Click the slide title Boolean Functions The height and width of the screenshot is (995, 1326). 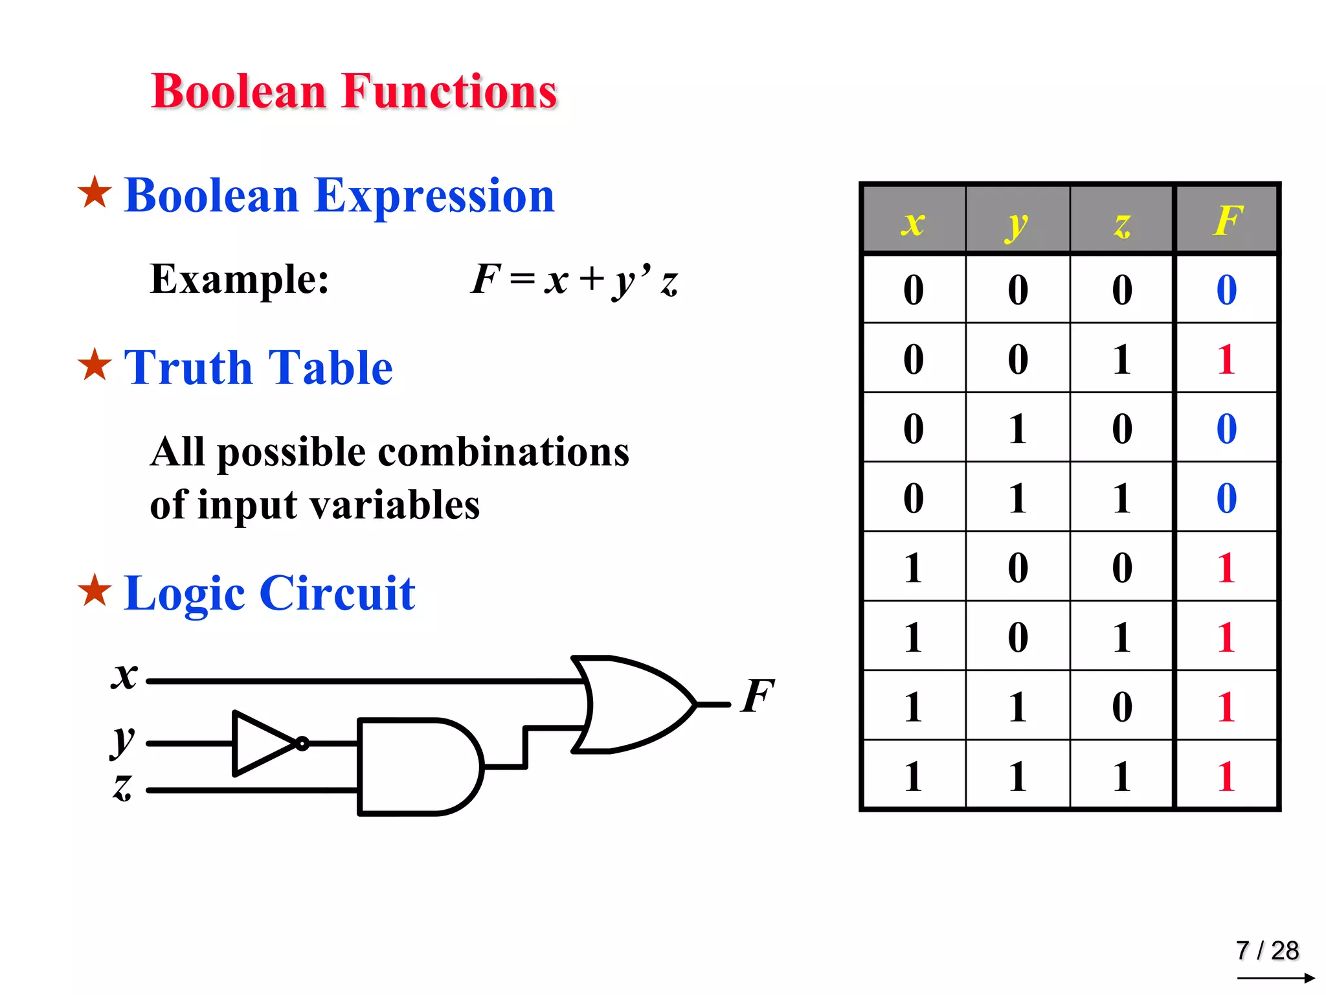click(354, 91)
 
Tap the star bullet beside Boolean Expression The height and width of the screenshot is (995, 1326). click(95, 192)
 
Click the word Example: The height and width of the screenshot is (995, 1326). click(240, 279)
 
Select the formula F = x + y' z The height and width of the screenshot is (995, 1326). click(574, 280)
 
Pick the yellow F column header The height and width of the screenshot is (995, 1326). click(1227, 221)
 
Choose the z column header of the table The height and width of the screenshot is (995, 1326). click(1122, 223)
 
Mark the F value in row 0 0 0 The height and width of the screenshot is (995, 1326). click(1226, 290)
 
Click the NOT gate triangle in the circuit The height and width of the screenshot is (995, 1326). click(262, 744)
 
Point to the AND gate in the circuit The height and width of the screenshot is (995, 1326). click(418, 767)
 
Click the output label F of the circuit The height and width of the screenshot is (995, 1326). click(758, 696)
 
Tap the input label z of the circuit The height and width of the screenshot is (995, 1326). click(122, 787)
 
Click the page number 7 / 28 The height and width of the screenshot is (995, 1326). click(1267, 950)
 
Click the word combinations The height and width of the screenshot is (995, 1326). click(503, 452)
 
